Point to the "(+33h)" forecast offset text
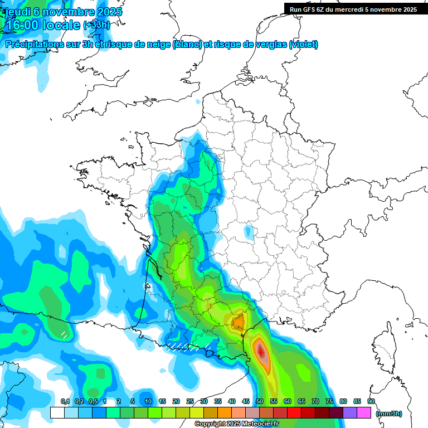point(97,25)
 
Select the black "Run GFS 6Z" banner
point(353,9)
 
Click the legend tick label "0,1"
point(65,401)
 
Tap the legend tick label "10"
point(148,401)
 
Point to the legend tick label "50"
point(260,401)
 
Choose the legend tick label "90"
point(371,401)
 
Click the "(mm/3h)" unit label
point(389,413)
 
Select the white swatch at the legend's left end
point(57,412)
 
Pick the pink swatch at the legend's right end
point(364,412)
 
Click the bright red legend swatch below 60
point(294,412)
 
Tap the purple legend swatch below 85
point(350,412)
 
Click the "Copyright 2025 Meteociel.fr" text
point(236,424)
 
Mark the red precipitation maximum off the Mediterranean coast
point(260,351)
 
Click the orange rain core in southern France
point(239,322)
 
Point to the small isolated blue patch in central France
point(247,230)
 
